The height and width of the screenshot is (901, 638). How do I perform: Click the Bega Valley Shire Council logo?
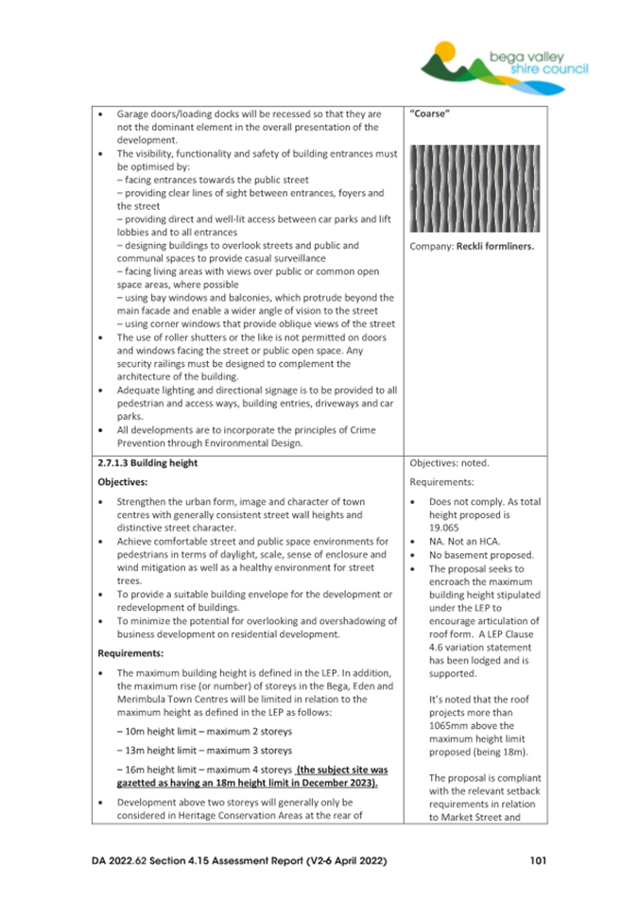click(x=505, y=61)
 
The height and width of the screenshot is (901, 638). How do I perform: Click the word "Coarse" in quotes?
click(x=431, y=113)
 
